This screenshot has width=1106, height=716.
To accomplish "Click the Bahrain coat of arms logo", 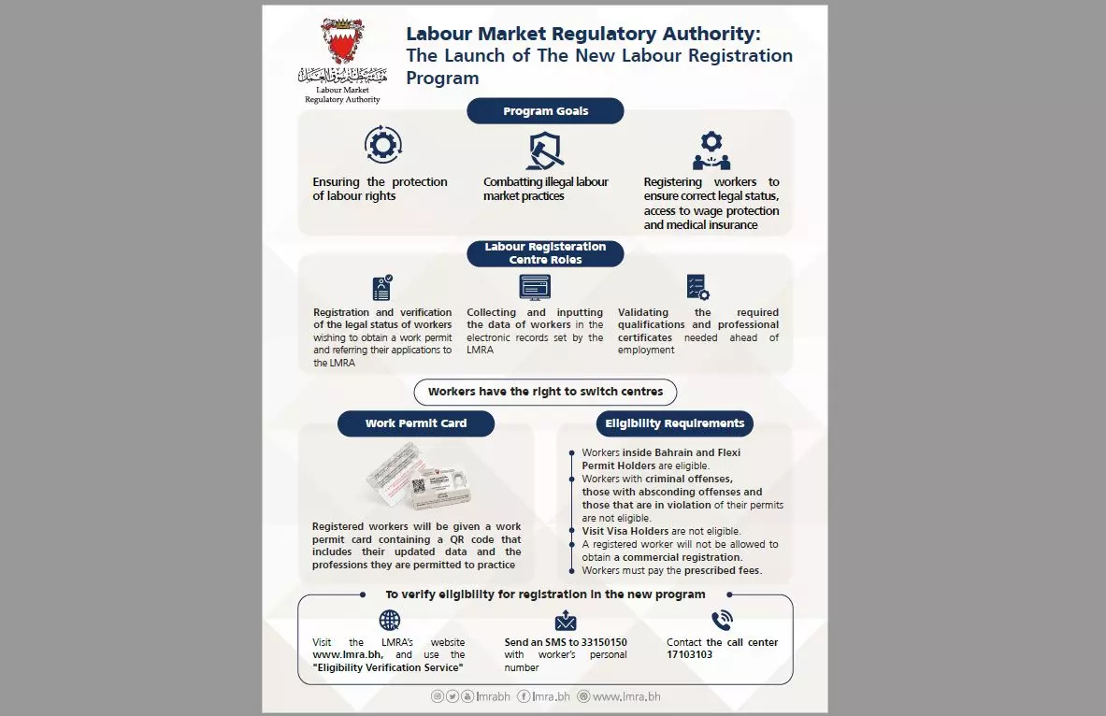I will [x=343, y=42].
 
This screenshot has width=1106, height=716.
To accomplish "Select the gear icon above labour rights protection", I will [x=382, y=145].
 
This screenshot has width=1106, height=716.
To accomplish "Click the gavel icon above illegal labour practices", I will [x=545, y=149].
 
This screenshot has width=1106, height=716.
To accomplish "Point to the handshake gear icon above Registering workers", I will [x=711, y=150].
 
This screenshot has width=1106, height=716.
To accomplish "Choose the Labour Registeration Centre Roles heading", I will [x=545, y=253].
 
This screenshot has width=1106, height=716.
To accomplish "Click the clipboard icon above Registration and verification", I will [x=381, y=287].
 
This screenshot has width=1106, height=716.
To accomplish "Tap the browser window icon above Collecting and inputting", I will [x=535, y=286].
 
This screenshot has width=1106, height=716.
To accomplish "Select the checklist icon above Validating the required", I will [x=697, y=287].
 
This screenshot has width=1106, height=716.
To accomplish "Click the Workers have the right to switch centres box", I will [x=545, y=392].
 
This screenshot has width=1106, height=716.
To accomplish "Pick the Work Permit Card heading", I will [x=415, y=423].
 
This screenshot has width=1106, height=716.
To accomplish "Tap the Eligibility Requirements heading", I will [x=674, y=423].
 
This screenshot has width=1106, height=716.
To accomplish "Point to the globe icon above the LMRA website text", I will [x=389, y=620].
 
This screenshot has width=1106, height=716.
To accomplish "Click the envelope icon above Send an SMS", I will [x=566, y=621].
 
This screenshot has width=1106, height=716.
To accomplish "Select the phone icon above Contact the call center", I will [x=721, y=620].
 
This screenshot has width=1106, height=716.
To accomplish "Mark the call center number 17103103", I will [x=690, y=654].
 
